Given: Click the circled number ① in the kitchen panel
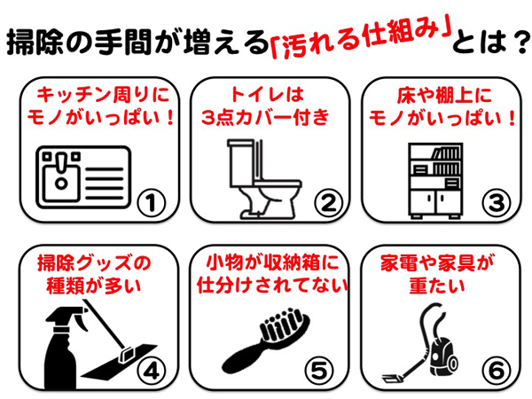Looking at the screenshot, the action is [152, 203].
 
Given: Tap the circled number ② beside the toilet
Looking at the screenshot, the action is [328, 203].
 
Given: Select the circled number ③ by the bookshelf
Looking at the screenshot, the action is [497, 203].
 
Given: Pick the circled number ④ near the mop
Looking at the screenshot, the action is [152, 372].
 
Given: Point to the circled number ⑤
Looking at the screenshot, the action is [319, 371].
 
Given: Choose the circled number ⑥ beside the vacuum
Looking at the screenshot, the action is [497, 371].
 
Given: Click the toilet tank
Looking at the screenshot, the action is [241, 163].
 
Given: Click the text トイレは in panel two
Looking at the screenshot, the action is [267, 94].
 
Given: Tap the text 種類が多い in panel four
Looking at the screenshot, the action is [93, 286].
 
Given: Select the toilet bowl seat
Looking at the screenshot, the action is [278, 184].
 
